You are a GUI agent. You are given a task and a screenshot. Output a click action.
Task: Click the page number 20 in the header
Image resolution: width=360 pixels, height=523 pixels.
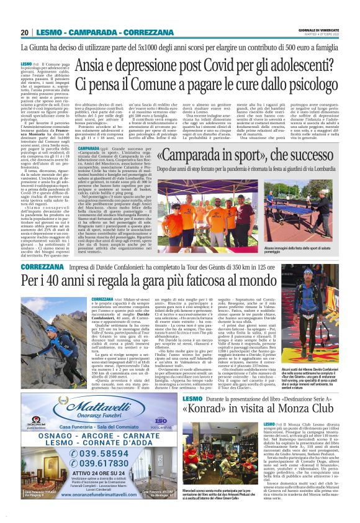(25, 32)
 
